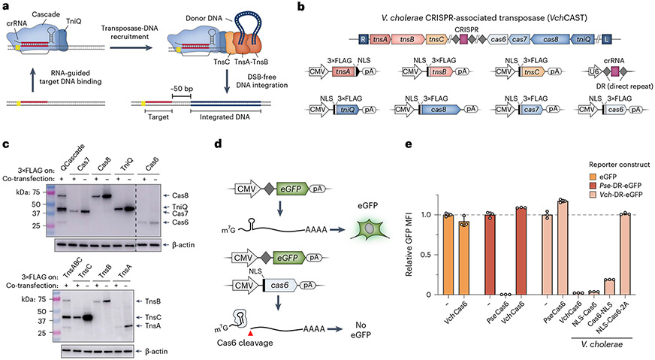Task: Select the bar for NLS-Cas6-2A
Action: click(623, 253)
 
